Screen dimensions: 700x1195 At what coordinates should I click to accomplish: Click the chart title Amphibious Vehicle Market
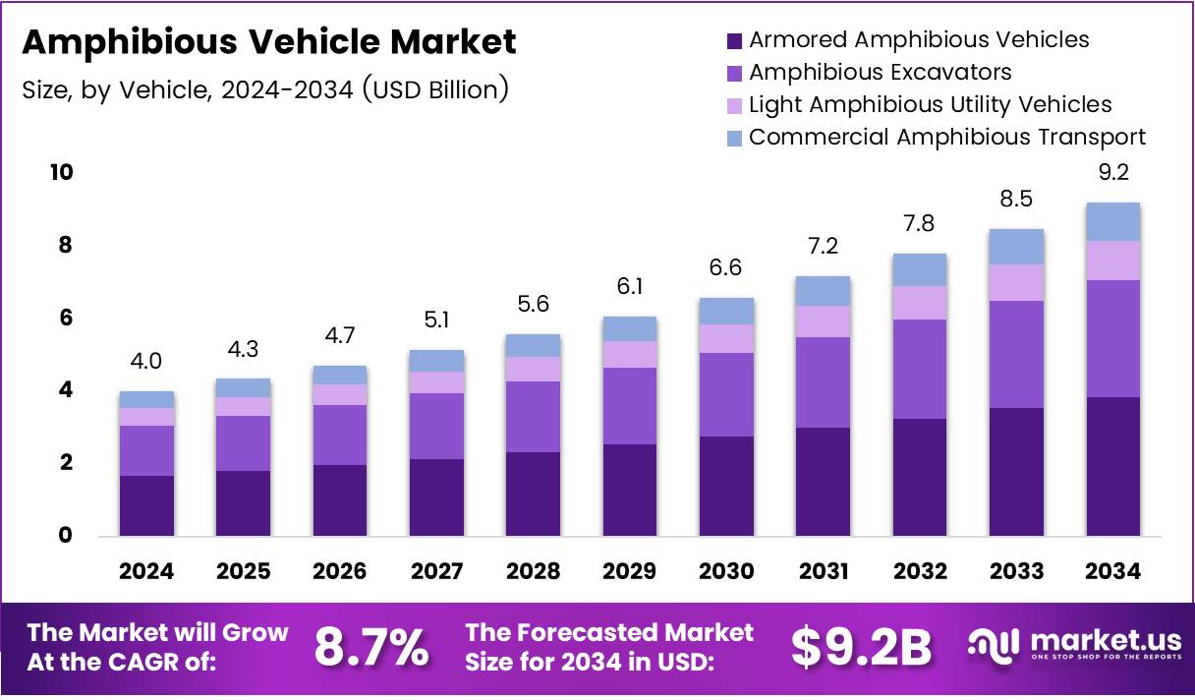click(x=268, y=42)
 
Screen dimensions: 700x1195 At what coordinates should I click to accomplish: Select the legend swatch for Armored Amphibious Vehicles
click(x=733, y=41)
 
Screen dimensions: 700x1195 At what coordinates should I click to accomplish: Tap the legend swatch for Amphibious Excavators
click(x=733, y=74)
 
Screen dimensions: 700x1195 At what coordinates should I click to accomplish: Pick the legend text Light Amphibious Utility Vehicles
click(x=930, y=105)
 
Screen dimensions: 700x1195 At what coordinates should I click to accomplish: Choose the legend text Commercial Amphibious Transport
click(x=946, y=138)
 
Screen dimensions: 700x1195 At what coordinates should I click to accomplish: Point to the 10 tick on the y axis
click(x=61, y=173)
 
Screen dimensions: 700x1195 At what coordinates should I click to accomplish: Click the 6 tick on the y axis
click(x=66, y=319)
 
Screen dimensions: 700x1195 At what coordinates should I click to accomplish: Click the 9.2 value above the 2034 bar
click(x=1112, y=173)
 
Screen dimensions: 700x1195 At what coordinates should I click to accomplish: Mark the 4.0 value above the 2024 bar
click(x=147, y=363)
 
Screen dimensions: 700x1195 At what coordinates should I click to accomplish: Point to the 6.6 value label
click(x=726, y=268)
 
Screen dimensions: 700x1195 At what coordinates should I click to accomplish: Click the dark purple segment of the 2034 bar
click(x=1112, y=466)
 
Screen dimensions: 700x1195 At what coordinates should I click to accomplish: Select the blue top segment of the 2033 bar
click(x=1016, y=247)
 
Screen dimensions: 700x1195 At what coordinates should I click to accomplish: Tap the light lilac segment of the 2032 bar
click(x=920, y=303)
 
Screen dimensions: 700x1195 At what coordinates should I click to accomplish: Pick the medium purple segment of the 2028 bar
click(x=534, y=416)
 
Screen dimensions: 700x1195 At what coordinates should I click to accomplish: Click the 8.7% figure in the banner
click(x=370, y=647)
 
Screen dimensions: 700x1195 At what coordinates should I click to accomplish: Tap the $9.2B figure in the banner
click(x=861, y=647)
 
